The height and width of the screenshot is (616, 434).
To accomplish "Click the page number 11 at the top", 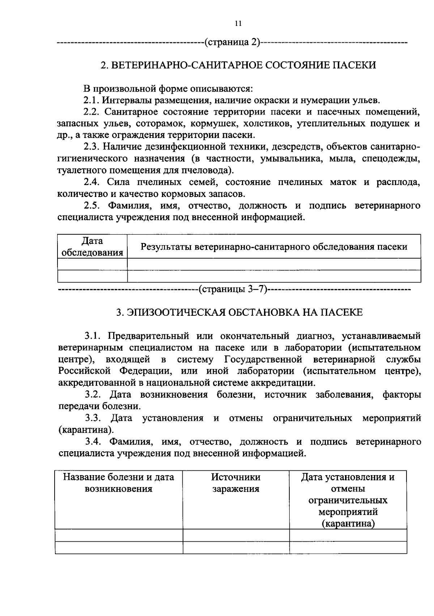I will click(238, 24).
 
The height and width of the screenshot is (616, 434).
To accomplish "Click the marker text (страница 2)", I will click(232, 42).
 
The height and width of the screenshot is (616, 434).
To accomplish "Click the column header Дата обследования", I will click(92, 247).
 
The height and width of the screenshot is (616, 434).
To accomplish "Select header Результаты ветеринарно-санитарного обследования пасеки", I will click(274, 247).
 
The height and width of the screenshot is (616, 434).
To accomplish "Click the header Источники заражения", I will click(236, 483).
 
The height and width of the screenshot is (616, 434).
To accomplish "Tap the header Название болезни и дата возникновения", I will click(119, 483).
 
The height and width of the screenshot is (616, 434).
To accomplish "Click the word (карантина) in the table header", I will click(348, 524).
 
